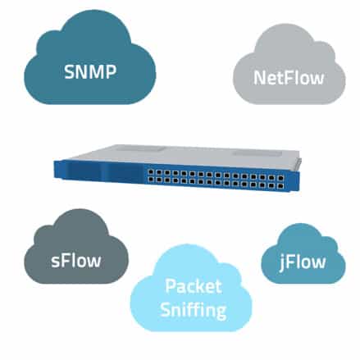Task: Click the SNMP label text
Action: [89, 71]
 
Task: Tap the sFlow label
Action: [77, 262]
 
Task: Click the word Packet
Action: [194, 287]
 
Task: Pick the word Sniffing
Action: [194, 311]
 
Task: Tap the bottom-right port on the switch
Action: [280, 186]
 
